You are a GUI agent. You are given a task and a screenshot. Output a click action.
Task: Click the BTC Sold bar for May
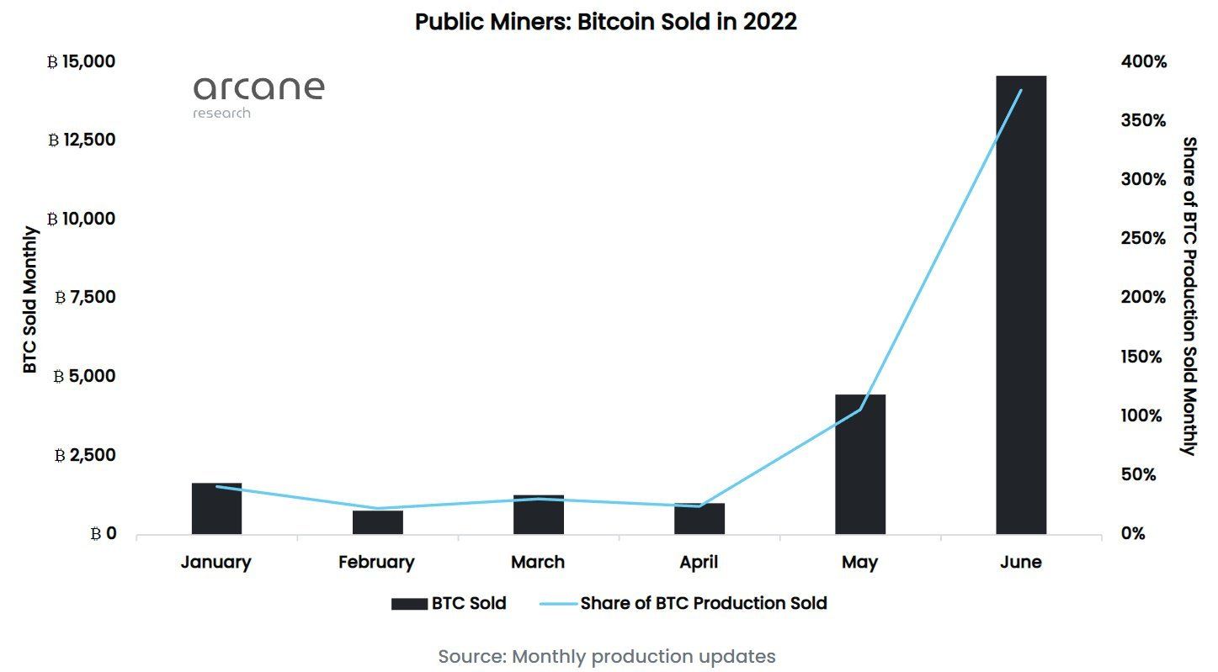click(x=859, y=463)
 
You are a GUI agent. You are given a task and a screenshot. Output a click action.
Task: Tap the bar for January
click(x=216, y=509)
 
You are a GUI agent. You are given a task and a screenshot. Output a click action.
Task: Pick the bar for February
click(x=377, y=522)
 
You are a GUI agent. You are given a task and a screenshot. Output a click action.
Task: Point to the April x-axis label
click(x=699, y=563)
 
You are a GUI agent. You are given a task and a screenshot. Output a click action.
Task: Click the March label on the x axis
click(x=538, y=563)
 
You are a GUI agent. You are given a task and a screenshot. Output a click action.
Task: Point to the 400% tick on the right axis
click(x=1142, y=62)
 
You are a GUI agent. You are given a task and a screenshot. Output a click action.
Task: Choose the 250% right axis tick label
click(x=1142, y=239)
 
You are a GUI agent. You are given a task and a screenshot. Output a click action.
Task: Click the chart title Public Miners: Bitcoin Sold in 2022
click(x=606, y=23)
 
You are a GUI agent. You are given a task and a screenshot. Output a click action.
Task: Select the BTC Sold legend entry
click(x=449, y=603)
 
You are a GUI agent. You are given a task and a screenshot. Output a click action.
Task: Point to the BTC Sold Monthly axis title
click(x=30, y=299)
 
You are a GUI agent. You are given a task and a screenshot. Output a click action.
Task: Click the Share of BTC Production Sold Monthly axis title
click(x=1189, y=296)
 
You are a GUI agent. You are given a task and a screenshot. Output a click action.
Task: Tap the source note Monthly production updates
click(x=606, y=656)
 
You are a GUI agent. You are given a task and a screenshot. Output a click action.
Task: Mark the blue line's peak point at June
click(x=1021, y=90)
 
